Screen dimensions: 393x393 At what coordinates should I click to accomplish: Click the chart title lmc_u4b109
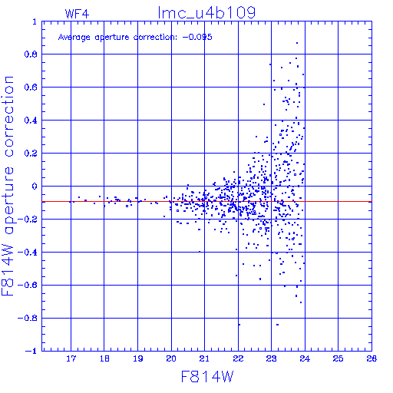pyautogui.click(x=206, y=13)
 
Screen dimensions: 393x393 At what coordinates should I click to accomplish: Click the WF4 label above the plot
pyautogui.click(x=77, y=14)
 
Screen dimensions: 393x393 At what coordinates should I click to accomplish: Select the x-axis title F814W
pyautogui.click(x=207, y=377)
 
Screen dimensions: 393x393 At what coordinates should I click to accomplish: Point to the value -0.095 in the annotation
pyautogui.click(x=197, y=37)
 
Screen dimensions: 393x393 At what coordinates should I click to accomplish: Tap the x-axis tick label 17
pyautogui.click(x=71, y=358)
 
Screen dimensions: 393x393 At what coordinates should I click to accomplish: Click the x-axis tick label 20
pyautogui.click(x=171, y=358)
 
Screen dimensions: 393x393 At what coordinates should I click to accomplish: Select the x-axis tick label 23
pyautogui.click(x=271, y=358)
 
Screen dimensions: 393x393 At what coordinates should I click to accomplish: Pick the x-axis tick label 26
pyautogui.click(x=372, y=358)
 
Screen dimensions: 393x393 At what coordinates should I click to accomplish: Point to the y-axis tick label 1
pyautogui.click(x=35, y=21)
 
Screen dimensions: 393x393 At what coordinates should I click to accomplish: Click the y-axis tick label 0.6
pyautogui.click(x=31, y=88)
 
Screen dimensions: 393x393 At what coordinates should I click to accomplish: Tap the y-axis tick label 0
pyautogui.click(x=35, y=187)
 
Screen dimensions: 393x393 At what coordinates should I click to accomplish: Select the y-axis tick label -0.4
pyautogui.click(x=28, y=253)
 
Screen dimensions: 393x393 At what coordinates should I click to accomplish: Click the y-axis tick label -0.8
pyautogui.click(x=28, y=319)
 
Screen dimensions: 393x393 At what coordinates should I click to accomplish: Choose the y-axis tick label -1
pyautogui.click(x=31, y=351)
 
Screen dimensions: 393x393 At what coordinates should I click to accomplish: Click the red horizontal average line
pyautogui.click(x=206, y=202)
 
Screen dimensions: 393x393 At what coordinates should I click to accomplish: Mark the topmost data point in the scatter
pyautogui.click(x=297, y=43)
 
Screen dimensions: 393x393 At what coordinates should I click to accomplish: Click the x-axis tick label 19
pyautogui.click(x=138, y=358)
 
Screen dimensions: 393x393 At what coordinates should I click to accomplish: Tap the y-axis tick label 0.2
pyautogui.click(x=31, y=154)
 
